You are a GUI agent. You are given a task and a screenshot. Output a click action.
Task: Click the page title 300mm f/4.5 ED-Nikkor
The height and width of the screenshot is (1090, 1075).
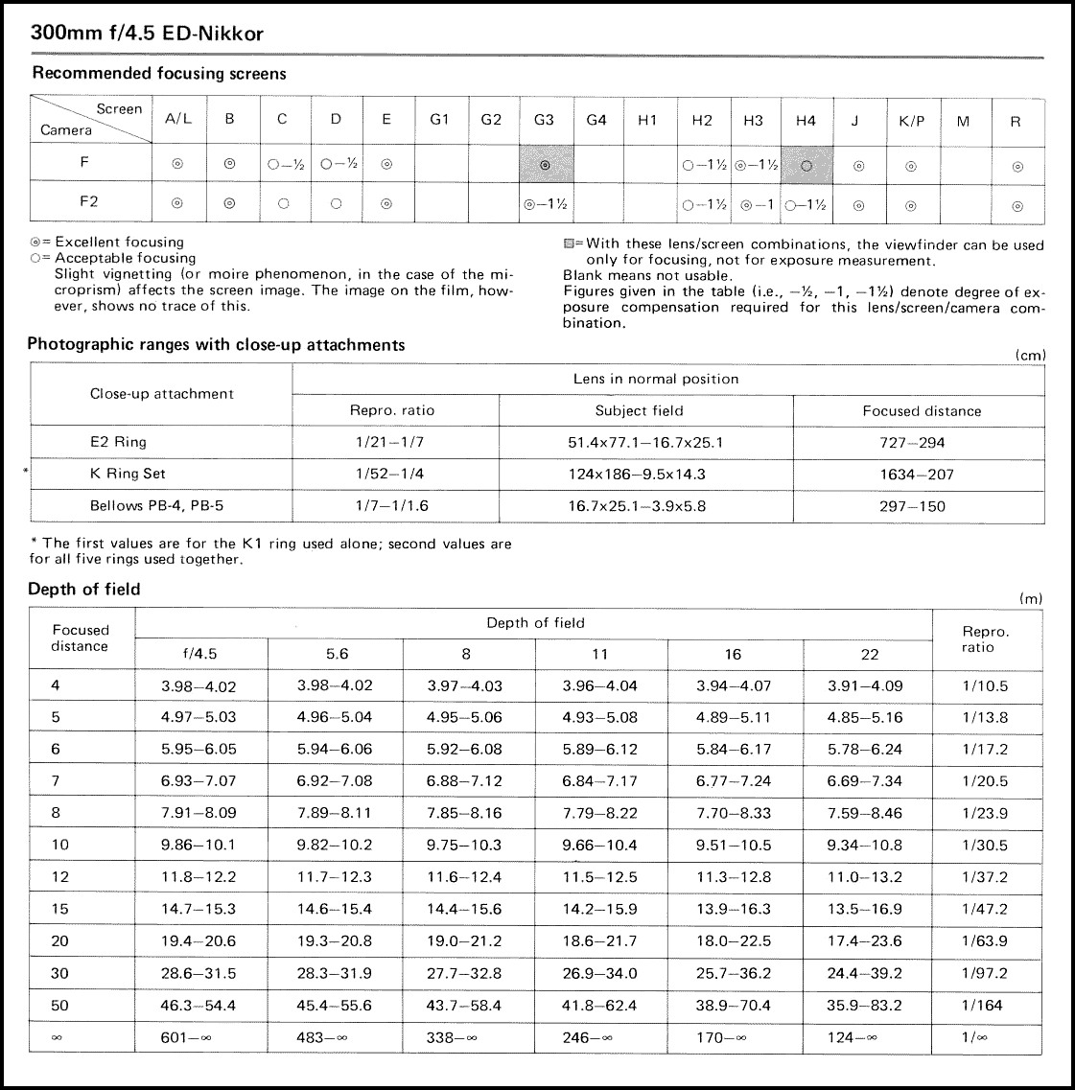coord(147,34)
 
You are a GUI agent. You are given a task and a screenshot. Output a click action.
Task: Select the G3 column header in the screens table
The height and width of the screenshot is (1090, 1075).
coord(544,120)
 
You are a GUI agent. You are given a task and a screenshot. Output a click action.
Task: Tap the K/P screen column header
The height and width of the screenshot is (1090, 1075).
coord(911,121)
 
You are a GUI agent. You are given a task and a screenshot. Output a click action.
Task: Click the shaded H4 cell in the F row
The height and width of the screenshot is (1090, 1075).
coord(806,165)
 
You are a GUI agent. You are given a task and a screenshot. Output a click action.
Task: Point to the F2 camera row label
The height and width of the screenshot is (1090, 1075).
coord(88,202)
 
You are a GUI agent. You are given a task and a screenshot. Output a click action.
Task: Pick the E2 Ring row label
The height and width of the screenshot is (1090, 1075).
coord(118,442)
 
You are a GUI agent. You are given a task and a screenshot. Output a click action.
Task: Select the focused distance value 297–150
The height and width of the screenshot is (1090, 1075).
coord(911,505)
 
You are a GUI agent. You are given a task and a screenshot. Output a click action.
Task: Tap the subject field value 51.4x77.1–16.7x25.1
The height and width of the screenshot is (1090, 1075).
coord(645,442)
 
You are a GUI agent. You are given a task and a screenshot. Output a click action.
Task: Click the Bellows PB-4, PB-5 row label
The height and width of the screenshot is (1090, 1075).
coord(156,505)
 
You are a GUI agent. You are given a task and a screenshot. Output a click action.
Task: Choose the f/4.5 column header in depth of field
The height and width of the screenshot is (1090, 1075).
coord(199,654)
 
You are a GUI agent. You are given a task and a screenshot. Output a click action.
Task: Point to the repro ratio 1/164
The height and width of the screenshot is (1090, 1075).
coord(983,1005)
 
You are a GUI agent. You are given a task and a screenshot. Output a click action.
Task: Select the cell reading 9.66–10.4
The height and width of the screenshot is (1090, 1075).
coord(599,845)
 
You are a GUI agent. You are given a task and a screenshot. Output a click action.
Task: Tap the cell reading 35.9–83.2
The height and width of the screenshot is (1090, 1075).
coord(864,1005)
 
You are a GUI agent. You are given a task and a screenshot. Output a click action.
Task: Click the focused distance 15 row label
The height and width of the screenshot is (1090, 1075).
coord(60,908)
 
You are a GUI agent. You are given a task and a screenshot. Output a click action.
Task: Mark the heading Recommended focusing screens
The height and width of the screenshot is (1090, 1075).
coord(159,73)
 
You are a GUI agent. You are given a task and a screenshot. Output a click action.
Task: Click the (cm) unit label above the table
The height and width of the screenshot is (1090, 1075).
coord(1031,355)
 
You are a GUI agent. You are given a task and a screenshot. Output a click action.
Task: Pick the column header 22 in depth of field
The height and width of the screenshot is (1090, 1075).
coord(869,654)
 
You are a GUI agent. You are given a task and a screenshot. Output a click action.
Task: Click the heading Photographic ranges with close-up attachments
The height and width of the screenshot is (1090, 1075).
coord(216,344)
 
